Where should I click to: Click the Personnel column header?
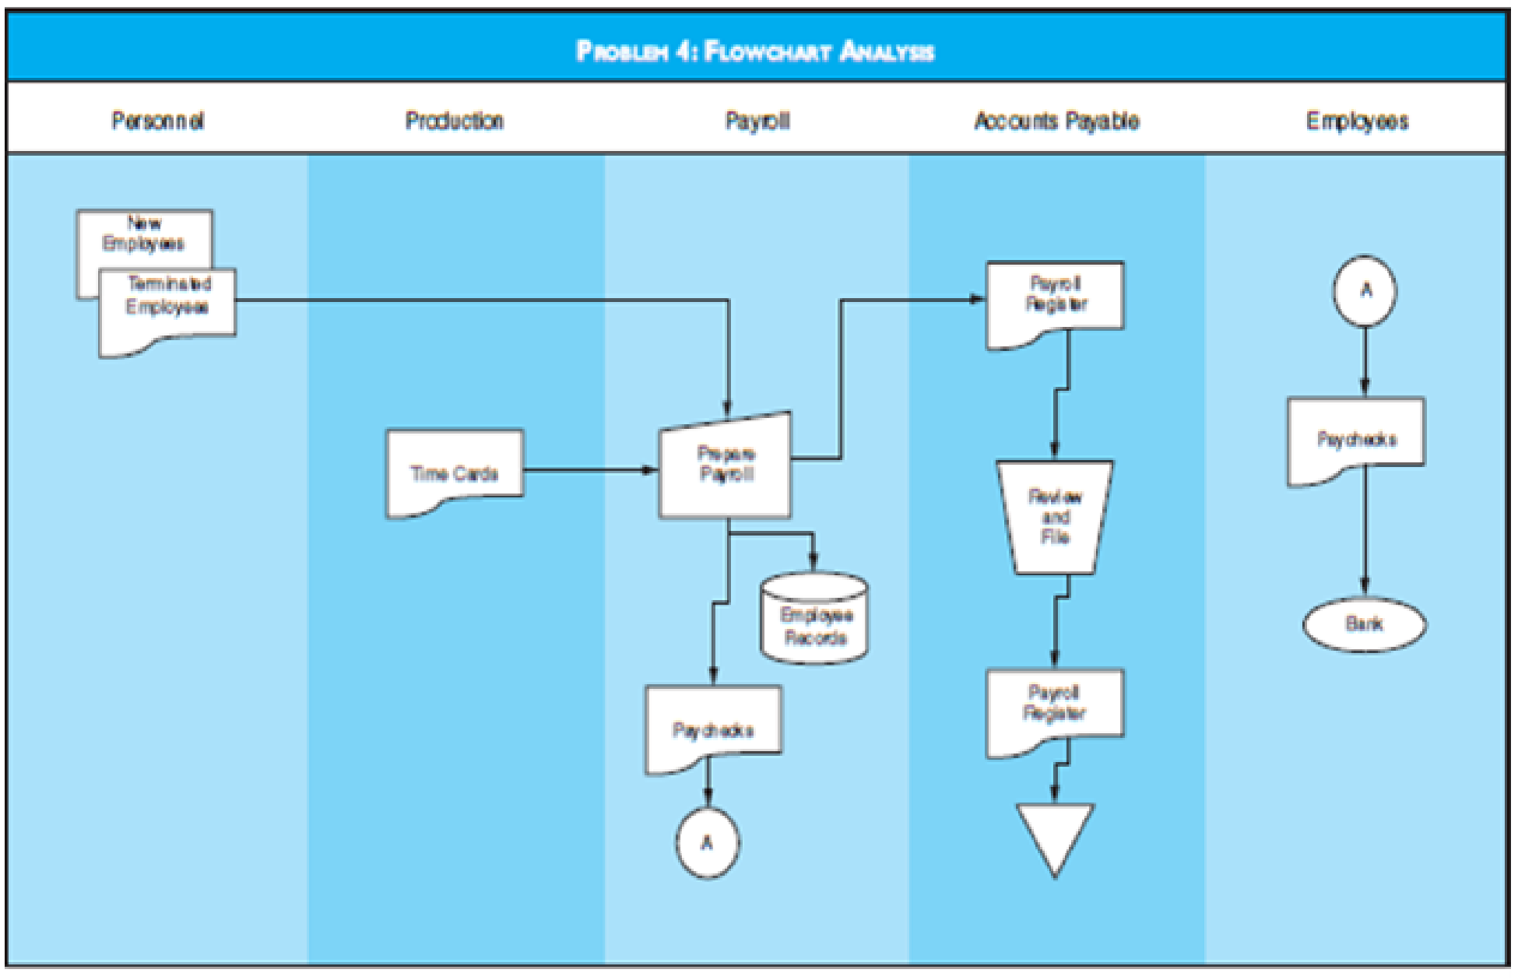pos(158,121)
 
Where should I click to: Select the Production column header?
pos(455,121)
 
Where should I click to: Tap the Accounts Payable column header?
pos(1056,121)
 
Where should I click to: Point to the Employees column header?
pos(1357,121)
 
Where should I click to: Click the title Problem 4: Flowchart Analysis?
pos(754,51)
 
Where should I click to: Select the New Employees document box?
pos(144,234)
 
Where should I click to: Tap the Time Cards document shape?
pos(455,472)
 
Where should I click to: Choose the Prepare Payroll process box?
pos(726,467)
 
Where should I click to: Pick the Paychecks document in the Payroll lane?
pos(713,727)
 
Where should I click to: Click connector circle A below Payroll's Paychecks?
pos(707,843)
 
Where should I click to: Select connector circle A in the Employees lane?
pos(1365,290)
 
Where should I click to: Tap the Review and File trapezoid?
pos(1055,517)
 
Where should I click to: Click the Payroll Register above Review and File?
pos(1055,300)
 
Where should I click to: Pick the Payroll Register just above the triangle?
pos(1054,708)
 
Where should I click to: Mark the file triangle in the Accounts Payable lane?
pos(1055,833)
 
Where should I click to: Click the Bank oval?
pos(1365,623)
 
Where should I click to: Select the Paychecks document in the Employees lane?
pos(1356,437)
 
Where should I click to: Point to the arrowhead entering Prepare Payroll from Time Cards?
pos(652,470)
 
